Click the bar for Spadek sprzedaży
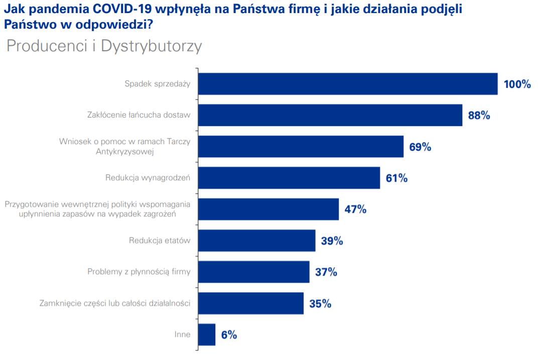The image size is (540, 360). (348, 84)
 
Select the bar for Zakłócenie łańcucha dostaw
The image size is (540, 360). (330, 115)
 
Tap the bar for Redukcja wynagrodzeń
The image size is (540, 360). (289, 178)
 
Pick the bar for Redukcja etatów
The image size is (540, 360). (256, 241)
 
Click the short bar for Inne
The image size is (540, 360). (207, 334)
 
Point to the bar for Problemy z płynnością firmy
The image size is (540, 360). (253, 272)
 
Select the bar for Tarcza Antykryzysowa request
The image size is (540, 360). (301, 147)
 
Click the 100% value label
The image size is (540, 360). (517, 84)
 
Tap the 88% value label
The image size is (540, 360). (478, 115)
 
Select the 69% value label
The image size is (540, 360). (420, 147)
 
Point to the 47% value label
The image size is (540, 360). (355, 209)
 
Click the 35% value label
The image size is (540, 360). (320, 303)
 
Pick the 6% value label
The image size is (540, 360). (228, 335)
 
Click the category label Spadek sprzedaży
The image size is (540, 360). (157, 84)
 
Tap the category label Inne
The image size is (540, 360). (182, 334)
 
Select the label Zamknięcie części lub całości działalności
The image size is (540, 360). (115, 303)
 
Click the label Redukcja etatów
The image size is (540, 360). (160, 241)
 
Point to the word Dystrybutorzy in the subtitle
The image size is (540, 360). (151, 46)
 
